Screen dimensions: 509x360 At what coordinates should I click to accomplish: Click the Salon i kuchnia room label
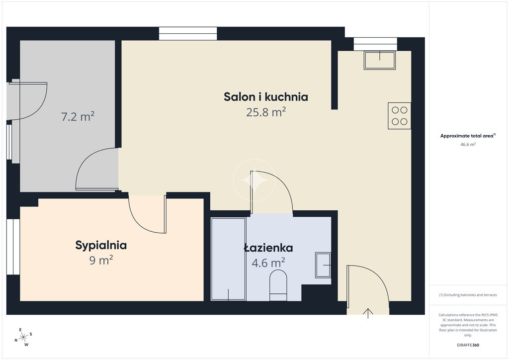point(266,97)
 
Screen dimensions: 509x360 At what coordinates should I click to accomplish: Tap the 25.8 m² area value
point(266,112)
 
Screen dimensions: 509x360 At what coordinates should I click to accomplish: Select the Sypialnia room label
point(101,245)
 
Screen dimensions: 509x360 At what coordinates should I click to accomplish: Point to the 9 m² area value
point(101,260)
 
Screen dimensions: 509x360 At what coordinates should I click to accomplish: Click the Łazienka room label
point(268,248)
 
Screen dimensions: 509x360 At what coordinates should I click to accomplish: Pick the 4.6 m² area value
point(268,263)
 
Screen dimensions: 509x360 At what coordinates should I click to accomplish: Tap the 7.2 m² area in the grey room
point(78,116)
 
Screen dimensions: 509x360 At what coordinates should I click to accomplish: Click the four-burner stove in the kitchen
point(399,116)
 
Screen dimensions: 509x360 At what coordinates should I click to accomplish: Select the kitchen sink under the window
point(379,60)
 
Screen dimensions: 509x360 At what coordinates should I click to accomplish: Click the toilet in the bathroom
point(278,285)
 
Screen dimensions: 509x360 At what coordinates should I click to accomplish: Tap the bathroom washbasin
point(323,265)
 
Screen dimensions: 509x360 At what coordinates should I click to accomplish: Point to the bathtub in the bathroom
point(228,259)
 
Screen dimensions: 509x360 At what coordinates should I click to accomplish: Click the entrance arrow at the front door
point(368,314)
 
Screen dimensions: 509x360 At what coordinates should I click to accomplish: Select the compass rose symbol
point(23,338)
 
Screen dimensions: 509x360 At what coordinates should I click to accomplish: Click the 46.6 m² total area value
point(468,145)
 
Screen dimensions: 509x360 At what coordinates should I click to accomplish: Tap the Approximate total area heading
point(468,136)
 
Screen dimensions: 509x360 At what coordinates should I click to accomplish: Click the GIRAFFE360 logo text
point(468,345)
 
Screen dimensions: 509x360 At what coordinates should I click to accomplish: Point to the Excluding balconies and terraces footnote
point(468,295)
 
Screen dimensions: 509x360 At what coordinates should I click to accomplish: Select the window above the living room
point(188,34)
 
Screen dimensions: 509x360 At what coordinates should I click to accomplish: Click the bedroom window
point(13,247)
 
